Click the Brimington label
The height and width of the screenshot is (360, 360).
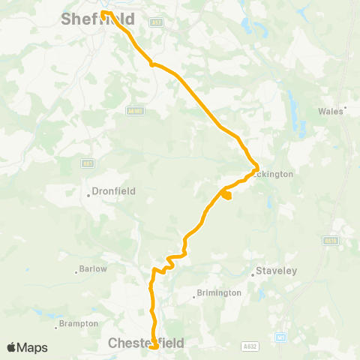point(220,293)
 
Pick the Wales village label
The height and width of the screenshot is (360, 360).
point(331,110)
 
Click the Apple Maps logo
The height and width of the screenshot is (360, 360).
point(27,347)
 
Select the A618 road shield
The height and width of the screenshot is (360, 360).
point(331,241)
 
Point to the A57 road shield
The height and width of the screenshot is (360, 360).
point(157,23)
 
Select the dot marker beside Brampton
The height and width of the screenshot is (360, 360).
point(58,326)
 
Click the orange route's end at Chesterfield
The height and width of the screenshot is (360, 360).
point(154,347)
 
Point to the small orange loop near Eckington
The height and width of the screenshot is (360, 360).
point(226,196)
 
